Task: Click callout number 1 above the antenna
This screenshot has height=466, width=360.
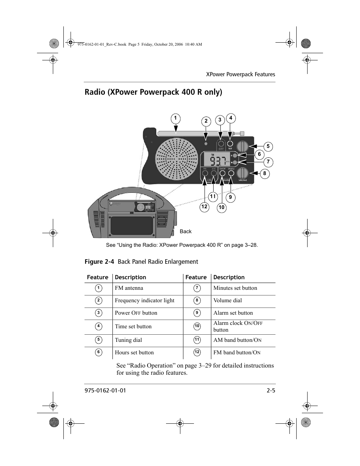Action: pyautogui.click(x=175, y=119)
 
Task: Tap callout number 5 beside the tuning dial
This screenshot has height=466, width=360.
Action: pyautogui.click(x=268, y=146)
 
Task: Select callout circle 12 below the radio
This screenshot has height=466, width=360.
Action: pyautogui.click(x=204, y=207)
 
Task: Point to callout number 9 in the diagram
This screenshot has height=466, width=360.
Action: pyautogui.click(x=230, y=197)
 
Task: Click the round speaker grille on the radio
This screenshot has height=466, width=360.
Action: pyautogui.click(x=177, y=158)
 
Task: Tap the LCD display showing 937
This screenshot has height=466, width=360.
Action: pyautogui.click(x=215, y=160)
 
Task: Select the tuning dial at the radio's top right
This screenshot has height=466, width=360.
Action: pyautogui.click(x=242, y=146)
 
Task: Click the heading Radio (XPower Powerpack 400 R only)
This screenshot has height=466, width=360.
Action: pyautogui.click(x=153, y=92)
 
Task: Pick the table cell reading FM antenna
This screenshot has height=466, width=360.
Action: pyautogui.click(x=129, y=288)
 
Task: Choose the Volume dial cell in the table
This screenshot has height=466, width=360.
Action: pyautogui.click(x=228, y=301)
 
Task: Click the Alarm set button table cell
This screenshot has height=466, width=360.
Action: pyautogui.click(x=233, y=313)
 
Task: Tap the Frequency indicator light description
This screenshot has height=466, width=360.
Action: pyautogui.click(x=145, y=301)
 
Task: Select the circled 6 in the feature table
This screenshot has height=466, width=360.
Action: pyautogui.click(x=98, y=352)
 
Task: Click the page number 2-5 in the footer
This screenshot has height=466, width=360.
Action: pyautogui.click(x=271, y=391)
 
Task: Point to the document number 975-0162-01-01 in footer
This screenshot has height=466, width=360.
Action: pyautogui.click(x=105, y=391)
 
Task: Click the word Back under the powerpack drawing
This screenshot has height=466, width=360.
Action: pyautogui.click(x=186, y=232)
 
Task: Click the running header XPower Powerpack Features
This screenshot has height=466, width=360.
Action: pyautogui.click(x=240, y=74)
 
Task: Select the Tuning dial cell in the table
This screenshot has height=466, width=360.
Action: pyautogui.click(x=129, y=340)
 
